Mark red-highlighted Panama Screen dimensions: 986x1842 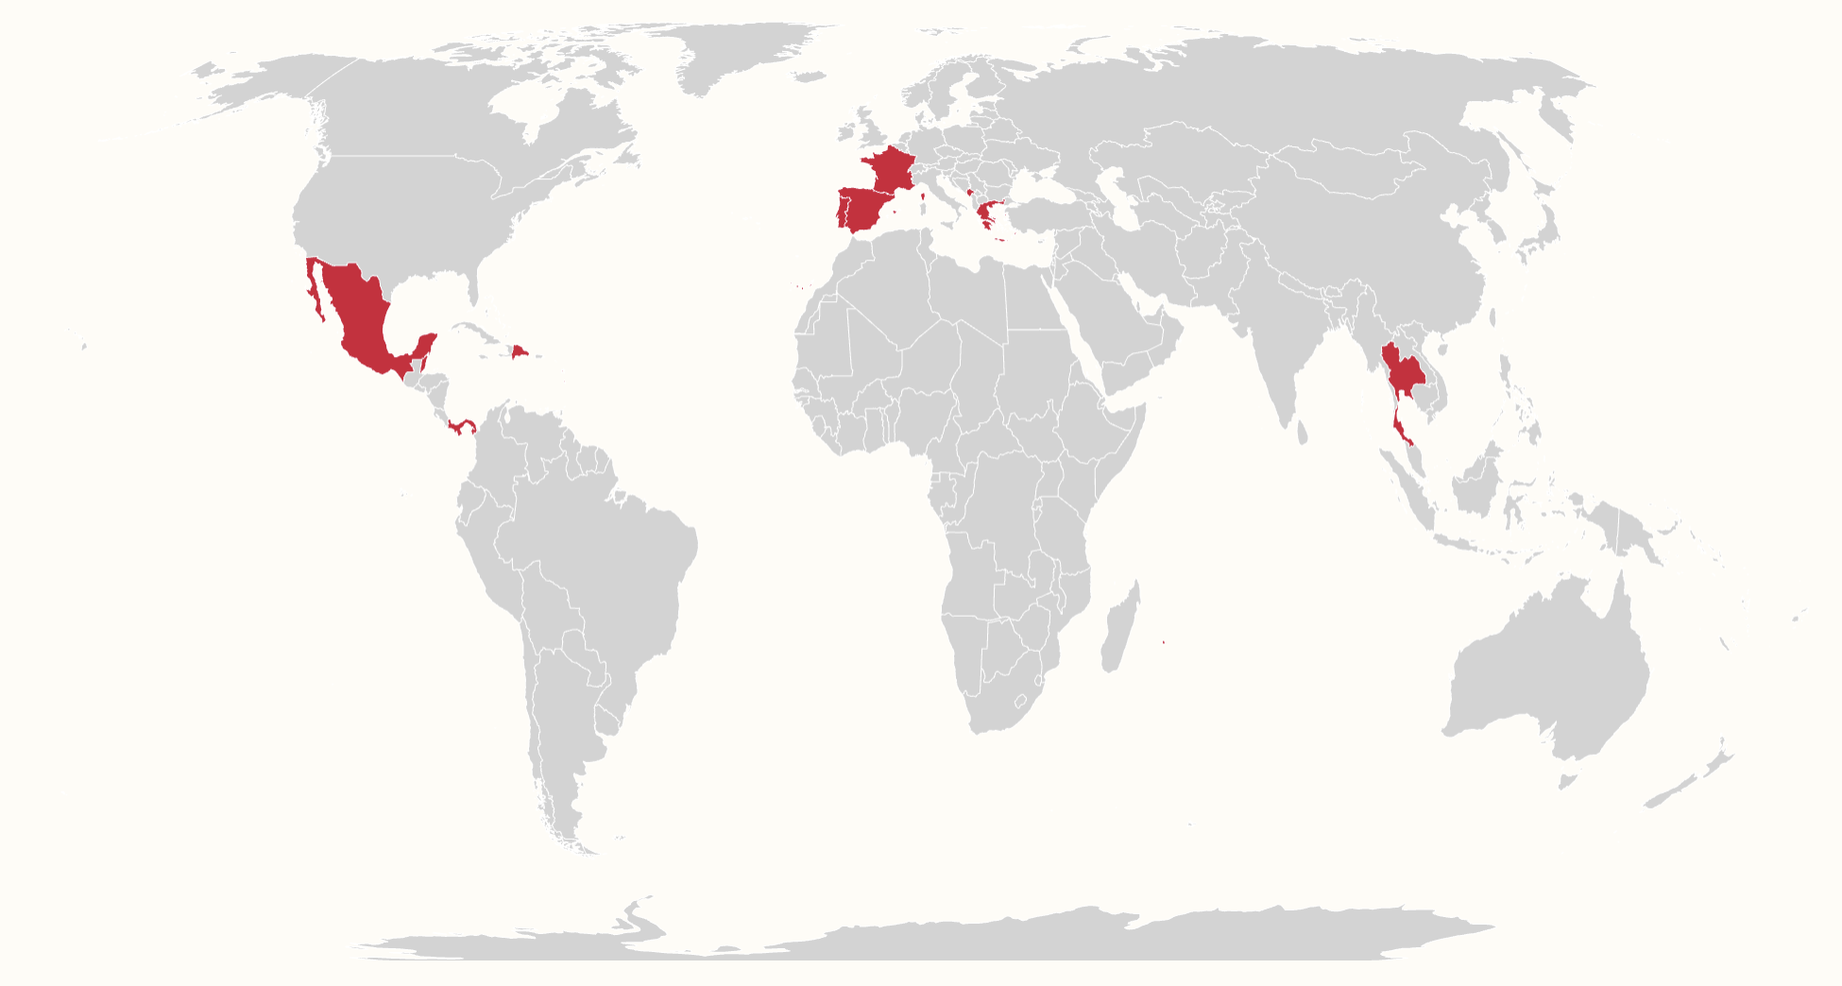462,428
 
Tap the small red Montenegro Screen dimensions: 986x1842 970,192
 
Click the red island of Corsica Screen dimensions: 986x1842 923,197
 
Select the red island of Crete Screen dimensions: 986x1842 999,238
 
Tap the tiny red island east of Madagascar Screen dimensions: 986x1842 1163,642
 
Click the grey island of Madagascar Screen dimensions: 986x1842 1120,628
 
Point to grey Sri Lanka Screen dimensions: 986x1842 1302,433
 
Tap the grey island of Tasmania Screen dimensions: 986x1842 1567,781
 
